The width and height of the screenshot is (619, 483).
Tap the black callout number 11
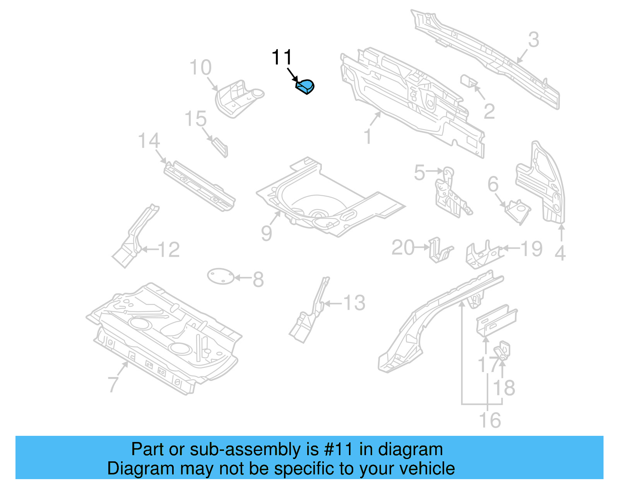coord(282,58)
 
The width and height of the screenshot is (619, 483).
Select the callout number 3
coord(534,40)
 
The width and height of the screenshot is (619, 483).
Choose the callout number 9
coord(266,233)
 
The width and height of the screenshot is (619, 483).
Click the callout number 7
coord(113,384)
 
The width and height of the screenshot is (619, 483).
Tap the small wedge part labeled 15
coord(220,147)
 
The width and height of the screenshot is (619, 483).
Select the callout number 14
coord(149,141)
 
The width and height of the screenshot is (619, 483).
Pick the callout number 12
coord(169,250)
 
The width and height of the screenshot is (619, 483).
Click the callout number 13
coord(354,303)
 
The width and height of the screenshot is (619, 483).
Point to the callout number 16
coord(490,420)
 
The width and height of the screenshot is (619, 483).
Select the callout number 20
coord(403,247)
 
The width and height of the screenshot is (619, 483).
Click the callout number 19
coord(532,249)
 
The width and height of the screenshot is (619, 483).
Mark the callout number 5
coord(419,172)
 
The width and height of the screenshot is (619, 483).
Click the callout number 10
coord(200,68)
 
